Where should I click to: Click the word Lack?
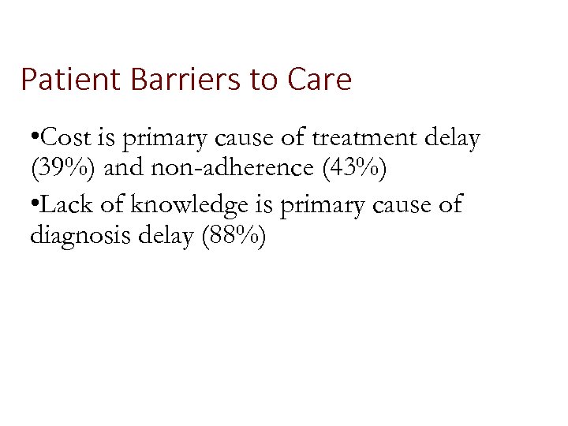click(x=62, y=204)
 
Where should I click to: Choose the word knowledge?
click(x=179, y=205)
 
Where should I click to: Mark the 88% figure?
click(x=237, y=237)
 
